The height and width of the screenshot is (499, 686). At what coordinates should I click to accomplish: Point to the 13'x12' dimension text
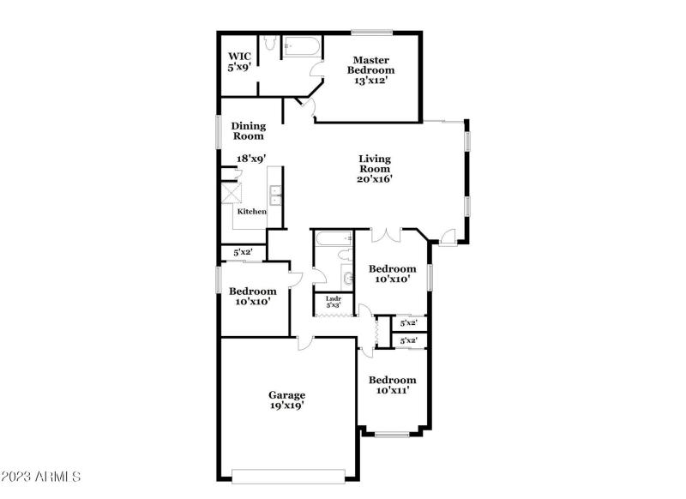pyautogui.click(x=370, y=81)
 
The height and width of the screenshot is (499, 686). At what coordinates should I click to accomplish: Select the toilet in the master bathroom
pyautogui.click(x=268, y=44)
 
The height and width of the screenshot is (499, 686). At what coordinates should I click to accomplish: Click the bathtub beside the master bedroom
pyautogui.click(x=301, y=45)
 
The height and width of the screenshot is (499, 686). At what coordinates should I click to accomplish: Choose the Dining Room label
pyautogui.click(x=248, y=130)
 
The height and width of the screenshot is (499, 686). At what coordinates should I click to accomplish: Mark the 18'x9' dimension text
pyautogui.click(x=250, y=159)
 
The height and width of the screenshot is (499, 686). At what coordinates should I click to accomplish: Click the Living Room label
pyautogui.click(x=374, y=164)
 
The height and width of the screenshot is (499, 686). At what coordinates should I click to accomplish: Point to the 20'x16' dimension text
pyautogui.click(x=374, y=179)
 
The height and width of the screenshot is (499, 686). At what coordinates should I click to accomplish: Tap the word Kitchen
pyautogui.click(x=251, y=211)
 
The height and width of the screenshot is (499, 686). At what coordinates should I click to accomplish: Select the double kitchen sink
pyautogui.click(x=275, y=197)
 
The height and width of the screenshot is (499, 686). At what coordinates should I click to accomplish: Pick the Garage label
pyautogui.click(x=286, y=395)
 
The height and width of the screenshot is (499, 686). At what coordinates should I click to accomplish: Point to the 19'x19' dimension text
pyautogui.click(x=286, y=406)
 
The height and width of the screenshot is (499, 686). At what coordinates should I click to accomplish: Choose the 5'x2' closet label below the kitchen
pyautogui.click(x=244, y=253)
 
